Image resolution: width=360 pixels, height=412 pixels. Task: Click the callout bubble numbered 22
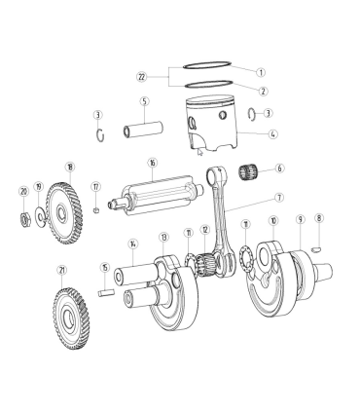point(141,77)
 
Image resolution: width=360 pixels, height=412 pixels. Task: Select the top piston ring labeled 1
point(207,62)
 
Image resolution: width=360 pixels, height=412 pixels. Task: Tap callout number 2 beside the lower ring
point(263,92)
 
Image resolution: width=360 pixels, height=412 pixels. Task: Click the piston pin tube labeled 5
point(143,129)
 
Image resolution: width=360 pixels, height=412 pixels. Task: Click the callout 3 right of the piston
point(268,113)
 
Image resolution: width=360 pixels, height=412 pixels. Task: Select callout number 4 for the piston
point(272,133)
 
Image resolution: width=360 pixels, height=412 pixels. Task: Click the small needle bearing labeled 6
point(249,172)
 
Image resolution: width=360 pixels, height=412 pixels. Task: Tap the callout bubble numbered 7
point(278,198)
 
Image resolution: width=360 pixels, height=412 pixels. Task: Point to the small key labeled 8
point(316,249)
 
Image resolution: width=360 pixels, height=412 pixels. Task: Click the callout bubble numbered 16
point(152,163)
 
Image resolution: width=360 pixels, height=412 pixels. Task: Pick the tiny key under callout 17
point(96,210)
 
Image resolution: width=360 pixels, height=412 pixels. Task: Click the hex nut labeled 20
point(25,220)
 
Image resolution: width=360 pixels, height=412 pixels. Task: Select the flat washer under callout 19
point(40,216)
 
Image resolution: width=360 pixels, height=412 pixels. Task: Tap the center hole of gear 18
point(61,213)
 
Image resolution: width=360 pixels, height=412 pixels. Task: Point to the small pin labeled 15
point(106,292)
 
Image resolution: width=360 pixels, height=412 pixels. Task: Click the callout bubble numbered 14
point(132,243)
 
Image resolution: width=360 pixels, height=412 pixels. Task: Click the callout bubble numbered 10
point(273,221)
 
